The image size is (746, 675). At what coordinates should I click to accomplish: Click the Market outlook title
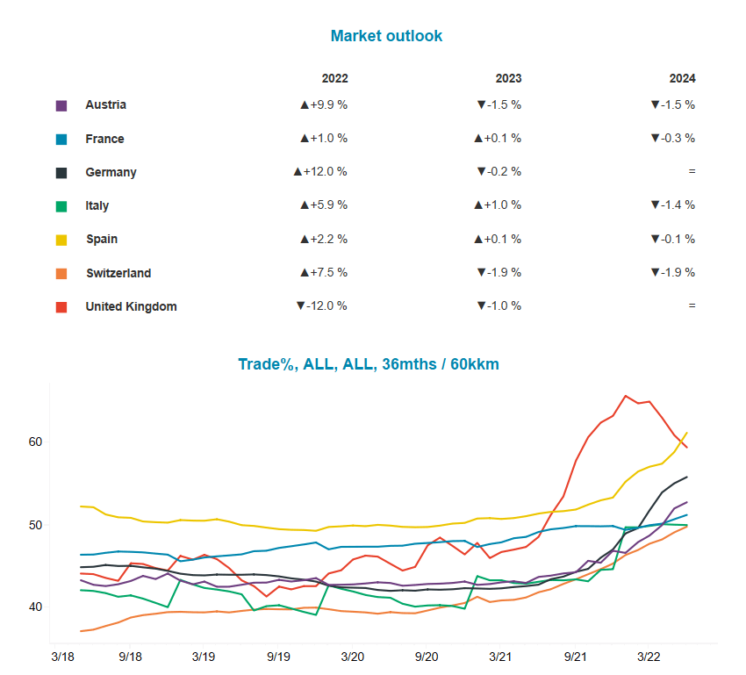(386, 36)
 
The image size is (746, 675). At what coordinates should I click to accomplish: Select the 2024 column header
(682, 78)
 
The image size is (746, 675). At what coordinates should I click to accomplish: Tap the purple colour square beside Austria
(61, 105)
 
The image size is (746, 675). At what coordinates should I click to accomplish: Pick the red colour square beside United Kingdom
(61, 307)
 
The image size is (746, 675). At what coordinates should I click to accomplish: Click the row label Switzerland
(118, 273)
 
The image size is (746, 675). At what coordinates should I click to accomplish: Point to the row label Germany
(111, 172)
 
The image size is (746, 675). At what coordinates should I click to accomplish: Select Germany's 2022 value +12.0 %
(320, 172)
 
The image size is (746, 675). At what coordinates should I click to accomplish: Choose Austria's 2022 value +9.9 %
(324, 104)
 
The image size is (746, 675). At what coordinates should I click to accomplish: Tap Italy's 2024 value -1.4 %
(673, 205)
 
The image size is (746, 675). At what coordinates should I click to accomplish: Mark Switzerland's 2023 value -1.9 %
(499, 273)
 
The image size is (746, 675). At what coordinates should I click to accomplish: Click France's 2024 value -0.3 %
(673, 139)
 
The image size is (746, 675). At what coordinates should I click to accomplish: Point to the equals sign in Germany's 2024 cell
(692, 172)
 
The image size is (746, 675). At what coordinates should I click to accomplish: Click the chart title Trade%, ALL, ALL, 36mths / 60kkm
(369, 364)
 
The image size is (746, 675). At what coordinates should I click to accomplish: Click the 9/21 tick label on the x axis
(576, 657)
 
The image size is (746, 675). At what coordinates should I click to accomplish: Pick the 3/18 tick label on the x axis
(61, 657)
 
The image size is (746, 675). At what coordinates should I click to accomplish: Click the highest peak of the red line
(626, 396)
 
